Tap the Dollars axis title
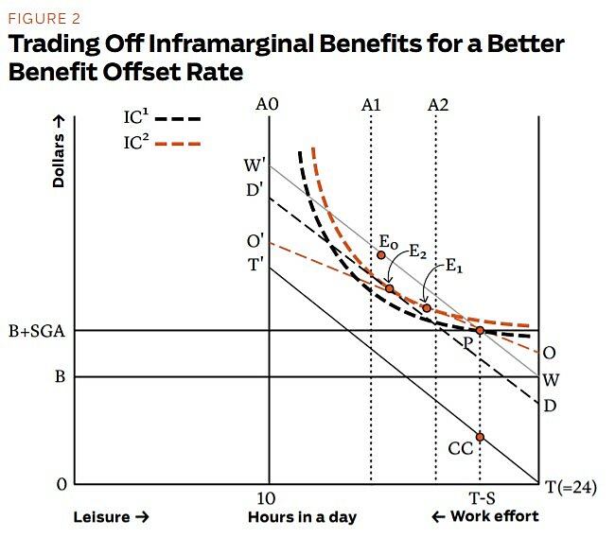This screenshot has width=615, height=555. tap(59, 150)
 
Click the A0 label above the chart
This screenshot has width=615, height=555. tap(268, 104)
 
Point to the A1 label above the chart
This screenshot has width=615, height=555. tap(371, 104)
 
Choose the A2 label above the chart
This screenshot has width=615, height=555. tap(437, 104)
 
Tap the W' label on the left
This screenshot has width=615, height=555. tap(254, 166)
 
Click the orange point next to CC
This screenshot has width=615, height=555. tap(481, 437)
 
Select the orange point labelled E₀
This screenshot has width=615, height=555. tap(381, 254)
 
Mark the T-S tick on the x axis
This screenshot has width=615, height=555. tap(481, 498)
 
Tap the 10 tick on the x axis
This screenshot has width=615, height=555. tap(268, 498)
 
